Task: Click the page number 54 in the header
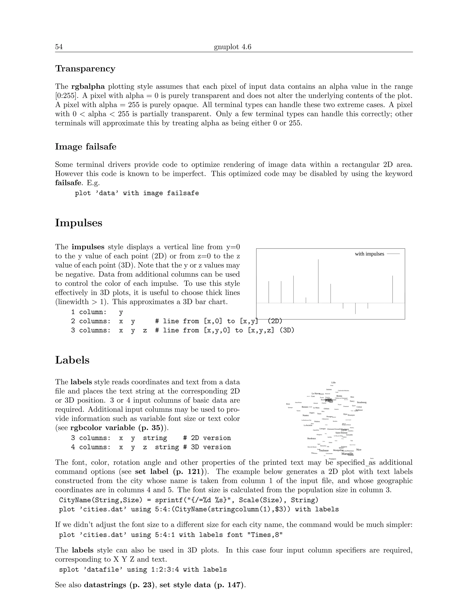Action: pos(59,47)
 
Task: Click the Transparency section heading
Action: pos(85,69)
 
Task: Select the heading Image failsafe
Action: pos(86,147)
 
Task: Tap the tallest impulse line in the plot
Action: pos(318,280)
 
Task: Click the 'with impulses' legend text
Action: pos(369,254)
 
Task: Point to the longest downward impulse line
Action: pos(355,308)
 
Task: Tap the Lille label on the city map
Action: pos(334,383)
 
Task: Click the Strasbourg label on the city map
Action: pos(362,402)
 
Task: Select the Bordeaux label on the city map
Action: pos(312,438)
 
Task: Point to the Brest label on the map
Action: pos(288,404)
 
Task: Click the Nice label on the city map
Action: pos(359,450)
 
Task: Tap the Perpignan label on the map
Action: pos(332,459)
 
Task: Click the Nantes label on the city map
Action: pos(306,415)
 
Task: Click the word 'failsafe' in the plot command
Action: pos(183,193)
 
